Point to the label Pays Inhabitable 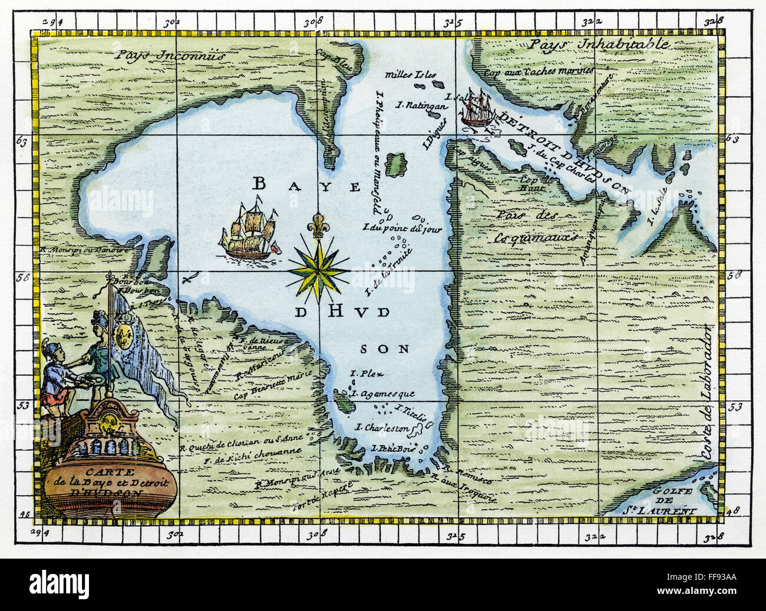tap(599, 44)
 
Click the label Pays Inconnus tap(170, 56)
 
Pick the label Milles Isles tap(411, 75)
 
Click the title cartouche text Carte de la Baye tap(110, 482)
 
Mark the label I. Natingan tap(415, 106)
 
